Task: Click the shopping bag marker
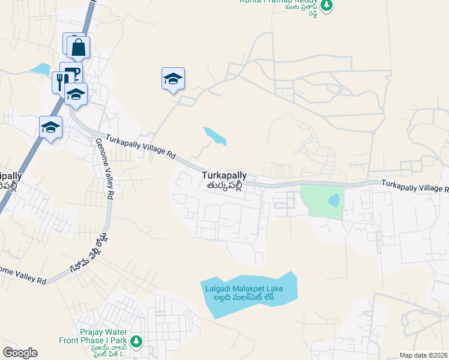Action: (x=78, y=46)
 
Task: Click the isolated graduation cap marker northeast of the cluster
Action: (x=173, y=79)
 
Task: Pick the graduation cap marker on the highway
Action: (x=51, y=127)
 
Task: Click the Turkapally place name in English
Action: (x=224, y=175)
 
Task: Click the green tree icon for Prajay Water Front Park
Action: (x=137, y=341)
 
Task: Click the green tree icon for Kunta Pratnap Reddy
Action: (x=326, y=5)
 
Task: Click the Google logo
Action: (x=20, y=353)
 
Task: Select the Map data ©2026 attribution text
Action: (x=424, y=355)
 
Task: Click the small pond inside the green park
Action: (x=334, y=200)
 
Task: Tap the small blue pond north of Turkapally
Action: (x=215, y=136)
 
